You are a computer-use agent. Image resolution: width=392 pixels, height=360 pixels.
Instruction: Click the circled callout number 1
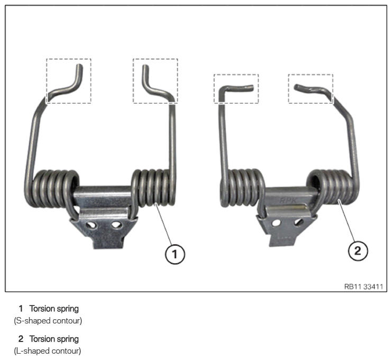tap(175, 254)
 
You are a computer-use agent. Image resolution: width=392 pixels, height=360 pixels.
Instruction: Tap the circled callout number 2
tap(358, 250)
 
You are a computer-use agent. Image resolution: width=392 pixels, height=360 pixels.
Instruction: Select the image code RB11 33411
tap(363, 286)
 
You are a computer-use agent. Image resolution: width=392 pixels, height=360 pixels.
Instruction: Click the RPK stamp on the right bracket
tap(288, 200)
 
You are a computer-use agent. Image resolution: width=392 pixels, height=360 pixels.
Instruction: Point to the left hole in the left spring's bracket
tap(91, 225)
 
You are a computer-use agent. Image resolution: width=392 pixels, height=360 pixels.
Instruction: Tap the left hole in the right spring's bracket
tap(276, 223)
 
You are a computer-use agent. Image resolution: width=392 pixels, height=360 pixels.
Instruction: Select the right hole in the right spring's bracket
tap(298, 222)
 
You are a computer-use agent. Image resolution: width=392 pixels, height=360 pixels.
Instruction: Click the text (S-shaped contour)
tap(48, 321)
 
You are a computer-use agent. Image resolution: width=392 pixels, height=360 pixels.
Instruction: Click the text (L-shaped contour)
tap(48, 351)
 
